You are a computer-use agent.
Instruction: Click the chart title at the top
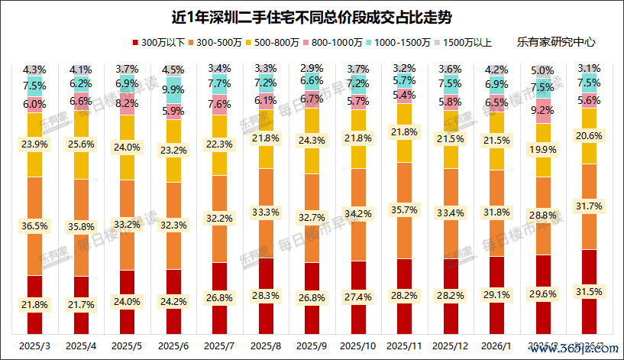pos(312,16)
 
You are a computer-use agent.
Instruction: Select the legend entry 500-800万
pos(316,44)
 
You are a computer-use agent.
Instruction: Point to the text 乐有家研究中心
pos(555,44)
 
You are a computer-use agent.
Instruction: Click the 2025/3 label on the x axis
pos(34,346)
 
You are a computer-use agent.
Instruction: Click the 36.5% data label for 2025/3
pos(34,227)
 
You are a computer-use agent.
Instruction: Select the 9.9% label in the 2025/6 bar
pos(173,90)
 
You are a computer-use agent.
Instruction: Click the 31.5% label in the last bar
pos(590,291)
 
